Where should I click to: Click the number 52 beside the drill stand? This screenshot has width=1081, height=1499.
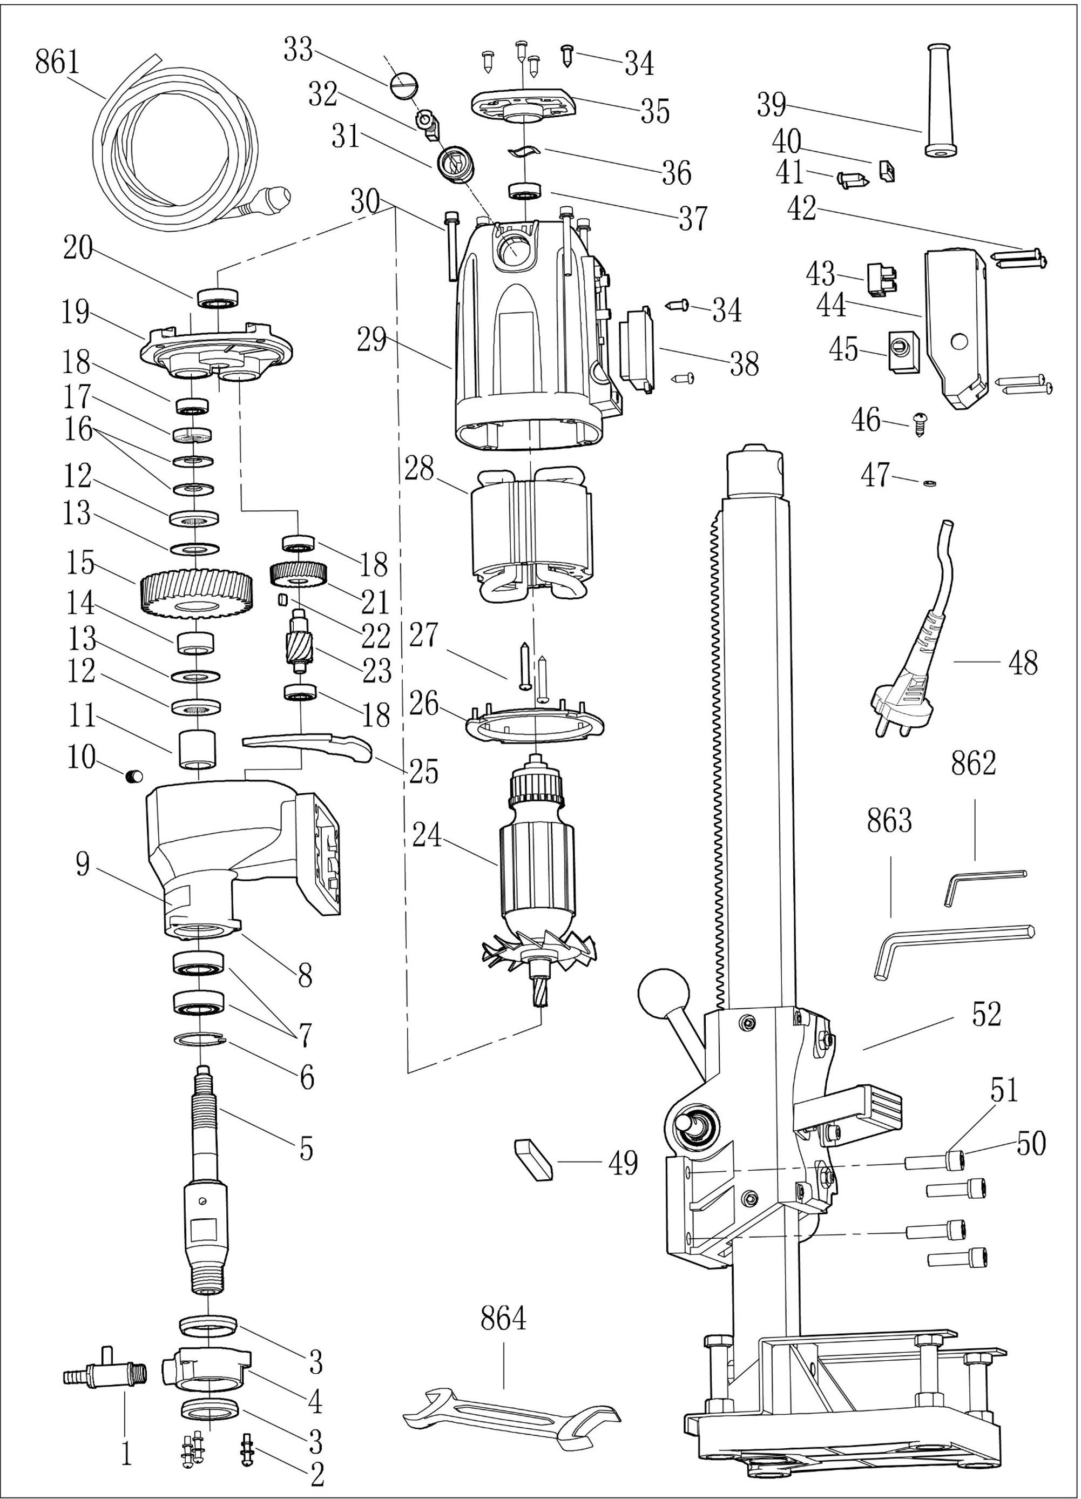pyautogui.click(x=987, y=1015)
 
